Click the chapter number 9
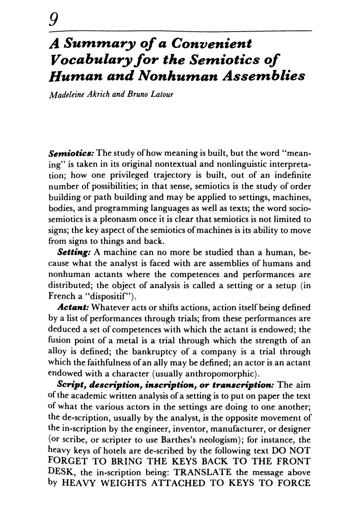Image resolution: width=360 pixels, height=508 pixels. click(x=53, y=18)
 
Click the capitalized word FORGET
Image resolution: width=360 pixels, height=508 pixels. click(x=66, y=462)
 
